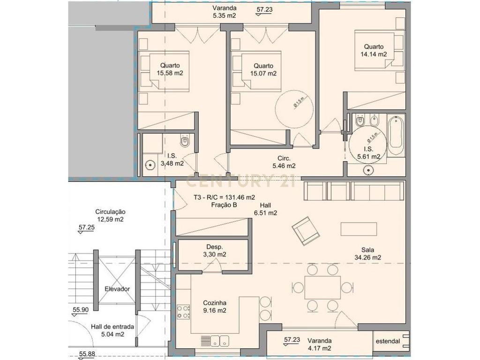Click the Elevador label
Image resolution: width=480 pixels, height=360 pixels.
117,289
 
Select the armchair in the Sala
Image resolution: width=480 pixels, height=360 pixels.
306,231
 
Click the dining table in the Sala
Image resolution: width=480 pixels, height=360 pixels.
322,287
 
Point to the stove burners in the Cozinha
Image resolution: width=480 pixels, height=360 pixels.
183,312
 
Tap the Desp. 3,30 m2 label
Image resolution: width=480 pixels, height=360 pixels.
215,251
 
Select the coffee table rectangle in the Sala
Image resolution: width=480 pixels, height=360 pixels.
359,229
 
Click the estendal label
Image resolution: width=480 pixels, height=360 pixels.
388,341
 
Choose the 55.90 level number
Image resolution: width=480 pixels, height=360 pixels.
80,310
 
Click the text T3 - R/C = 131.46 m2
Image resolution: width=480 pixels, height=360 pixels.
224,197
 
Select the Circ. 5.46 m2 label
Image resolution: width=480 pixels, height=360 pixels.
284,162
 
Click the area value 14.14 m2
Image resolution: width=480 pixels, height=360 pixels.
374,54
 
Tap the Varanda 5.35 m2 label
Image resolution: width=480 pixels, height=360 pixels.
225,12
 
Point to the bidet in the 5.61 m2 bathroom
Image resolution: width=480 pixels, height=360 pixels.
374,120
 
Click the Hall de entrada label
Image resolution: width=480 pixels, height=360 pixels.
112,327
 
